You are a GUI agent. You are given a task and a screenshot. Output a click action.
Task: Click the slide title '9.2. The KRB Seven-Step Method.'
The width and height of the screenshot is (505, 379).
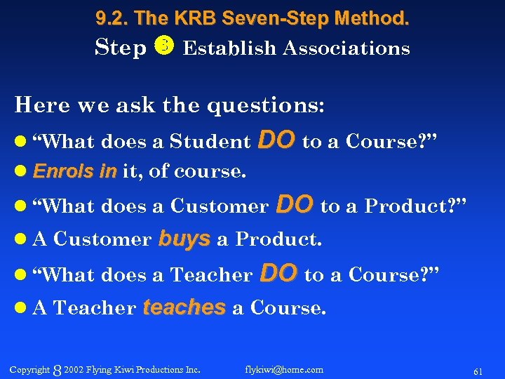[252, 19]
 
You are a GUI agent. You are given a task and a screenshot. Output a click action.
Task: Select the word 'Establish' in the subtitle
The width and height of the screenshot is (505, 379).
[224, 48]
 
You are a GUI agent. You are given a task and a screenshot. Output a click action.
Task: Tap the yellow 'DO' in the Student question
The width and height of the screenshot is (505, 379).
[276, 140]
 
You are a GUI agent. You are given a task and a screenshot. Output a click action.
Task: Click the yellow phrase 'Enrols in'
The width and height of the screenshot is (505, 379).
[75, 171]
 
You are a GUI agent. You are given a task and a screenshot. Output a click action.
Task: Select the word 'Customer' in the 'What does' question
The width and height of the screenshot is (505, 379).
[220, 206]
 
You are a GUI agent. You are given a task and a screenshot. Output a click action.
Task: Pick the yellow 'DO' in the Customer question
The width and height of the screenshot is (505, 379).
[295, 205]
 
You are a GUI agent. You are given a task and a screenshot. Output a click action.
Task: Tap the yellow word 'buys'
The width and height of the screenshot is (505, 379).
[184, 239]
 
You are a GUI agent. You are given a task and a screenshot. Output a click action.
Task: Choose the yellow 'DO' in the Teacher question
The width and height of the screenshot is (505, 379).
[278, 274]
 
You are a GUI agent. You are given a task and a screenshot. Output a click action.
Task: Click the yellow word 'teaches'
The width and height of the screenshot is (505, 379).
[184, 307]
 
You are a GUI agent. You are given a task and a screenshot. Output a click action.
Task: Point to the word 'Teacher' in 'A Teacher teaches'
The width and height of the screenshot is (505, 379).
[95, 308]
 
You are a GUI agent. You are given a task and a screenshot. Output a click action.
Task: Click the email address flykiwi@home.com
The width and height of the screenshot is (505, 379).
[284, 369]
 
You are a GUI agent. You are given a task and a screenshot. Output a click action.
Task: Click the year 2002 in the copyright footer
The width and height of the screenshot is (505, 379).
[74, 369]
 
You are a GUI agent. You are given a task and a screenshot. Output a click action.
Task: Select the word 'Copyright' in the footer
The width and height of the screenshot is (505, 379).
[29, 369]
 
